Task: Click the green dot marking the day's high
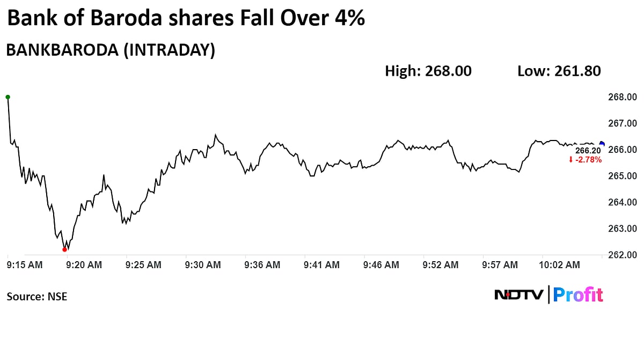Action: pyautogui.click(x=8, y=97)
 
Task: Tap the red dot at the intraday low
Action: pyautogui.click(x=65, y=249)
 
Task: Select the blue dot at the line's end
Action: pyautogui.click(x=602, y=143)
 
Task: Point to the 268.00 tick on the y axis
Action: pyautogui.click(x=623, y=97)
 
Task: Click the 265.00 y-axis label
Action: pyautogui.click(x=623, y=176)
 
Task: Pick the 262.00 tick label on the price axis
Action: pyautogui.click(x=623, y=255)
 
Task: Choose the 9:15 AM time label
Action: pyautogui.click(x=25, y=265)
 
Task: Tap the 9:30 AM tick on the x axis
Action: pyautogui.click(x=203, y=265)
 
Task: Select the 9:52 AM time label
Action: pyautogui.click(x=441, y=265)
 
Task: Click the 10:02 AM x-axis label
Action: pyautogui.click(x=559, y=265)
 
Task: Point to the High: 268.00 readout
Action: pyautogui.click(x=428, y=71)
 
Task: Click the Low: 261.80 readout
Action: pyautogui.click(x=559, y=71)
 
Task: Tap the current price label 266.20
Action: pyautogui.click(x=588, y=151)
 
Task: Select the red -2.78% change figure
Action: pyautogui.click(x=588, y=160)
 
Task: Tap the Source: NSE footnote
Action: pyautogui.click(x=37, y=296)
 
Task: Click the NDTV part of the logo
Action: pyautogui.click(x=518, y=294)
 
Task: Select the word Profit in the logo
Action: pyautogui.click(x=578, y=294)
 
